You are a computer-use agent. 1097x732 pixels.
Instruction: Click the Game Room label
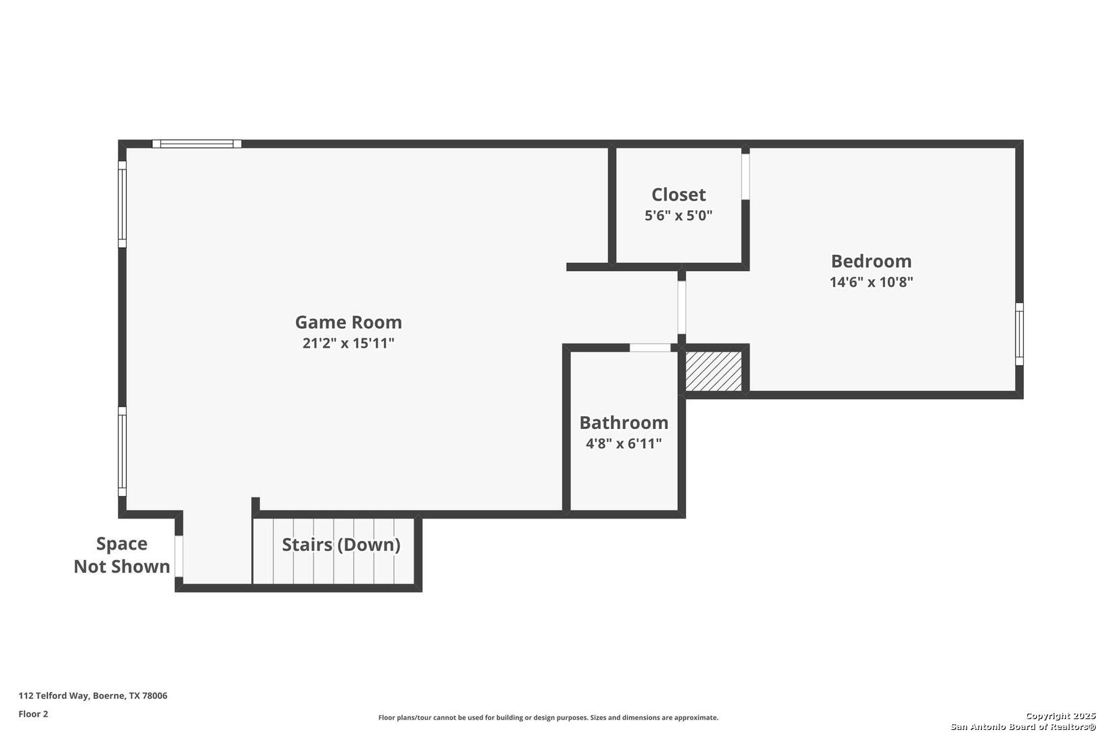348,322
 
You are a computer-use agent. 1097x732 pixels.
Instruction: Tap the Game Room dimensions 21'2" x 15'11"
348,343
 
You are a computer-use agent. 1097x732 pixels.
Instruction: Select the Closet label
679,195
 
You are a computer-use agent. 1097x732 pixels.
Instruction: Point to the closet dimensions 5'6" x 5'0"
679,216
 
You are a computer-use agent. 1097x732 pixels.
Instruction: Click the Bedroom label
871,261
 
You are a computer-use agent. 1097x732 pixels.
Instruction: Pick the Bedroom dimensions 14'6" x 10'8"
871,282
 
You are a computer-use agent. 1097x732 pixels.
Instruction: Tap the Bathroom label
624,422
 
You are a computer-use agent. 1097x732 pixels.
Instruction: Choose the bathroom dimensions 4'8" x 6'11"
624,444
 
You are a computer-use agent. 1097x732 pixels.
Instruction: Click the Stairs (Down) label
341,544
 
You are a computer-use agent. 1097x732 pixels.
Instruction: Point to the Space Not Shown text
122,555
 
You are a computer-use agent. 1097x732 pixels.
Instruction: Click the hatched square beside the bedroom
713,370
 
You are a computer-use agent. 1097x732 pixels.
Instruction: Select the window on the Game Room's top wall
197,144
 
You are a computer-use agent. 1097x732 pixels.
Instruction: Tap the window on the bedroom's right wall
1019,334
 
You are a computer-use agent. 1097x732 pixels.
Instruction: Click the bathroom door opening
650,348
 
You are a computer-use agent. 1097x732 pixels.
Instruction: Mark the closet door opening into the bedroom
746,176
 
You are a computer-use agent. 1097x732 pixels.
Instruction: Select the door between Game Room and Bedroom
682,308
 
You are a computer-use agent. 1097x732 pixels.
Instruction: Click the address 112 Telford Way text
93,695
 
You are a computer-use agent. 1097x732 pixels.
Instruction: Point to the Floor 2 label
33,714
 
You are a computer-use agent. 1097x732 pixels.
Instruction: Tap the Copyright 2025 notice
1060,716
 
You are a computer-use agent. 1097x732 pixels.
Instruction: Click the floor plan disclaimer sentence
548,717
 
